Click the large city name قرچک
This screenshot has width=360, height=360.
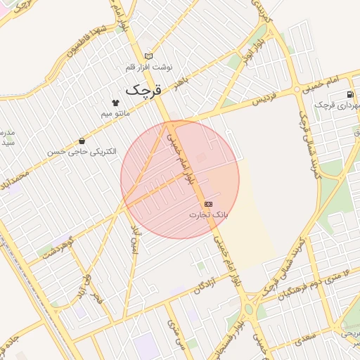click(143, 90)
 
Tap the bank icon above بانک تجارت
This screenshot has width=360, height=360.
click(207, 203)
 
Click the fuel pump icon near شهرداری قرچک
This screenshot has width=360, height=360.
click(349, 95)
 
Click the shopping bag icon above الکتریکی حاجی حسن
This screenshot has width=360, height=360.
click(83, 141)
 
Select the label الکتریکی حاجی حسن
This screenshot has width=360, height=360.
click(82, 151)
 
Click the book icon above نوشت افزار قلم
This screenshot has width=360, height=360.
click(148, 56)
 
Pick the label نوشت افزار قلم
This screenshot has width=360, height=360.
click(148, 67)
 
